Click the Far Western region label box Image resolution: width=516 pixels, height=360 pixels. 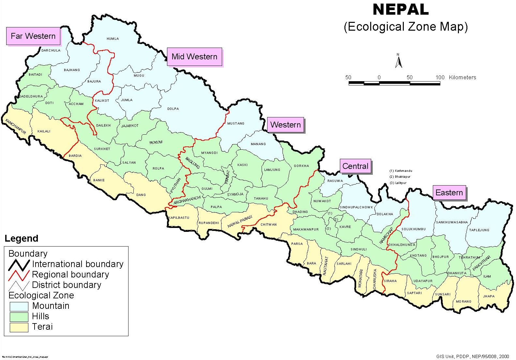(x=33, y=36)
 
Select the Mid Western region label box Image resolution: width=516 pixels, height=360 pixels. (x=194, y=57)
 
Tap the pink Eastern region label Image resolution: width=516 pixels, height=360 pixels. (x=449, y=193)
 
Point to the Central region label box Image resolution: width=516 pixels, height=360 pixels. (x=355, y=166)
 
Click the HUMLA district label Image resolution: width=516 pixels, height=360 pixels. (x=113, y=39)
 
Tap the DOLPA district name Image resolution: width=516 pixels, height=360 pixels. (x=173, y=109)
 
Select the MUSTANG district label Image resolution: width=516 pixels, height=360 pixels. (x=235, y=124)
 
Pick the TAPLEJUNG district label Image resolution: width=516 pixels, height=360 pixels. (x=479, y=230)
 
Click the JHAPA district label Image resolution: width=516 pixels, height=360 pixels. (x=489, y=296)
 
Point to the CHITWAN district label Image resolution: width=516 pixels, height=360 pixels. (x=268, y=225)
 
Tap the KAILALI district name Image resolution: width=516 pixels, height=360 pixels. (x=44, y=131)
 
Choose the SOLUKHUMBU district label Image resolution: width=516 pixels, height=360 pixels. (x=413, y=229)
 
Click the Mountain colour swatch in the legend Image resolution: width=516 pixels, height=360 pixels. (x=19, y=306)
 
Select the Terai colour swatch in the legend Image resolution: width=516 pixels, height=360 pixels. (x=19, y=327)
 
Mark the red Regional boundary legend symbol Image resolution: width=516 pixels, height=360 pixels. (x=19, y=275)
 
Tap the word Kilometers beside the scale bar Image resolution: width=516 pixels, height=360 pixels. (x=462, y=78)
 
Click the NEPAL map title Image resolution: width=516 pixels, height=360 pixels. (x=401, y=10)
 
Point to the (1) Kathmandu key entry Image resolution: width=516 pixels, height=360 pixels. (x=401, y=171)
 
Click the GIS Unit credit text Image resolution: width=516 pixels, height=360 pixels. (x=472, y=356)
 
